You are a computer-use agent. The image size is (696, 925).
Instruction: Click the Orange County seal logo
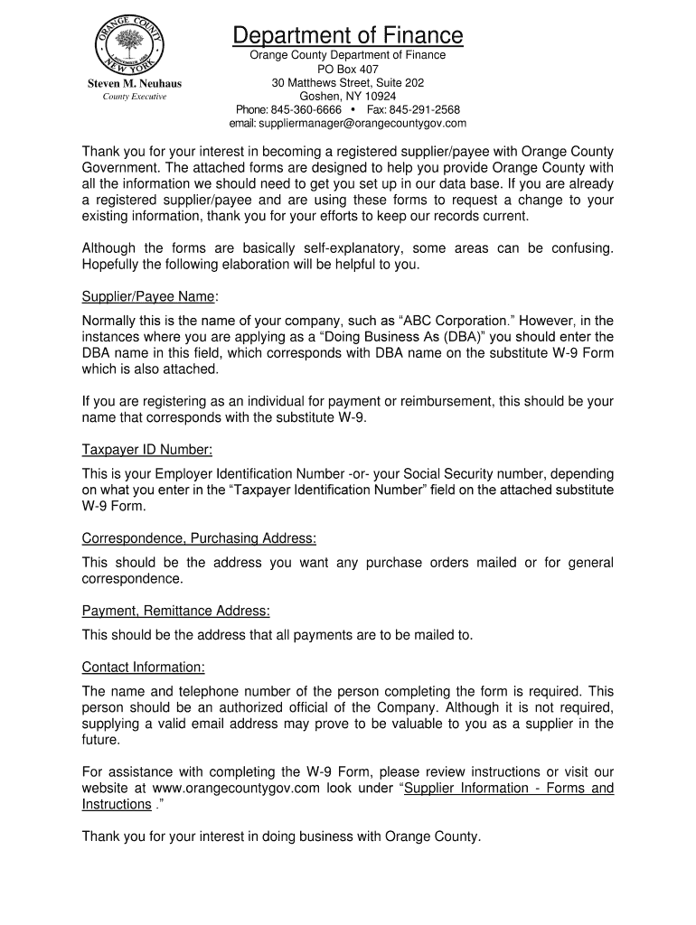[134, 43]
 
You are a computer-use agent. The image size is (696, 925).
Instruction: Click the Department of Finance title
[347, 35]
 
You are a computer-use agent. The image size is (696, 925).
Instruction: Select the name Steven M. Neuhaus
[134, 84]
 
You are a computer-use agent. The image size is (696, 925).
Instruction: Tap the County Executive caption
[134, 97]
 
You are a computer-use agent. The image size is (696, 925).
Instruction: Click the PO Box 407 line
[347, 69]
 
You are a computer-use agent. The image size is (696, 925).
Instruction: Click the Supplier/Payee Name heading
[149, 296]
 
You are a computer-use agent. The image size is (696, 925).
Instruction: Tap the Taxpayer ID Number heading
[146, 450]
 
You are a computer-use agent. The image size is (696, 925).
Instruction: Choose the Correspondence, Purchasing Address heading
[199, 538]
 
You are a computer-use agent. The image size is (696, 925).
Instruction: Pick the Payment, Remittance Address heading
[175, 611]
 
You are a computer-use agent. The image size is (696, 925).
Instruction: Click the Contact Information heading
[143, 667]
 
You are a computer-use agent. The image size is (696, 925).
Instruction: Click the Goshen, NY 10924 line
[347, 96]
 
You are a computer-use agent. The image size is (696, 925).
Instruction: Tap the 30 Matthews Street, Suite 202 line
[347, 82]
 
